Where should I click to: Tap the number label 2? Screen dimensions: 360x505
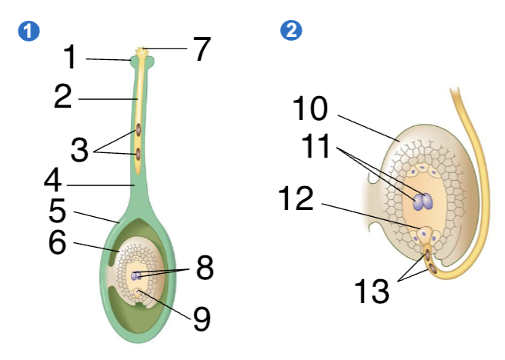coord(63,98)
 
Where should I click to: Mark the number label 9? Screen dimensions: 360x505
coord(201,318)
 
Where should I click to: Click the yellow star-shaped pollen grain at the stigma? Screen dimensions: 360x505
coord(141,53)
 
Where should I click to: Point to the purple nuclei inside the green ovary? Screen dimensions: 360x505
coord(136,275)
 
